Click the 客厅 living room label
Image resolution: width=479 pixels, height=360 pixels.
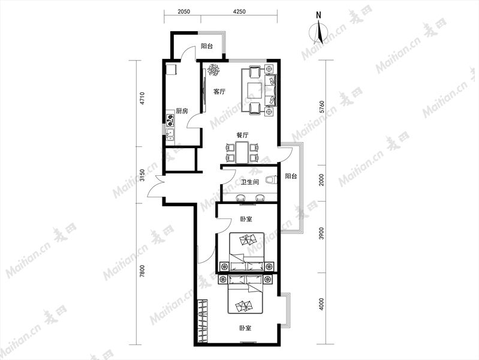pos(219,91)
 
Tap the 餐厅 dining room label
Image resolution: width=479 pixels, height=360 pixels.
pos(242,135)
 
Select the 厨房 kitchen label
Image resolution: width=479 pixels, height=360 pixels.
pos(182,111)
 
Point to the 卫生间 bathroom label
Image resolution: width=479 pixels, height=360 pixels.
pos(250,182)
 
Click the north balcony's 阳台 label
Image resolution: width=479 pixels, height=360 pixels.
pos(207,46)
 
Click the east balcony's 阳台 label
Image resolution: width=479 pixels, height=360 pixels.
pos(291,176)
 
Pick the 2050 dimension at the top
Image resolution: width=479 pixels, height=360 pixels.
pos(183,12)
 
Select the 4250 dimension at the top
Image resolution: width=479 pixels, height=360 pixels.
pos(239,12)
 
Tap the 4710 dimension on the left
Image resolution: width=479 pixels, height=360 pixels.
pos(142,98)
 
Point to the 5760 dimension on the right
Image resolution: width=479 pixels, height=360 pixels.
pos(321,107)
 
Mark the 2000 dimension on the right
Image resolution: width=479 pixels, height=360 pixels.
pos(321,180)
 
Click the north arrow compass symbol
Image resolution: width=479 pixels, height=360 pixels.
pos(318,31)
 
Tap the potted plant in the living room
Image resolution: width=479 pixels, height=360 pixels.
pos(213,70)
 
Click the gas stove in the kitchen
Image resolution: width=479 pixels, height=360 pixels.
pos(170,121)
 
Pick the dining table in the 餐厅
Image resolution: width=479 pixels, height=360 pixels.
pos(242,152)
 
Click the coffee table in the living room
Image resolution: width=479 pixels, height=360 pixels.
pos(254,91)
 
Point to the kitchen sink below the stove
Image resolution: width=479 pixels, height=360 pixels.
pos(170,135)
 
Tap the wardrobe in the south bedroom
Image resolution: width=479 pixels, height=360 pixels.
pos(202,321)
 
